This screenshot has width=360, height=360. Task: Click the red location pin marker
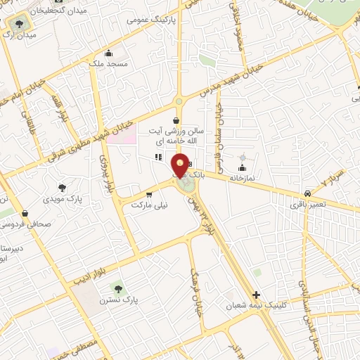tap(181, 166)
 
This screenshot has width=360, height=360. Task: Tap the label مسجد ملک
tap(108, 64)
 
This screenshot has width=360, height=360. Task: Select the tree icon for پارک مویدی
tap(62, 187)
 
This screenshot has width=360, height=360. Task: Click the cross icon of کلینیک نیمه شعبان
tap(256, 295)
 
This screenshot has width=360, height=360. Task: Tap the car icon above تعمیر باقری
tap(308, 193)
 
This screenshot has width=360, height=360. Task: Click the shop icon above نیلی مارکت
tap(148, 195)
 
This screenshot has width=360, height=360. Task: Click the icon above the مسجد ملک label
tap(108, 53)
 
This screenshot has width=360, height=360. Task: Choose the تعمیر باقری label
tap(307, 205)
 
